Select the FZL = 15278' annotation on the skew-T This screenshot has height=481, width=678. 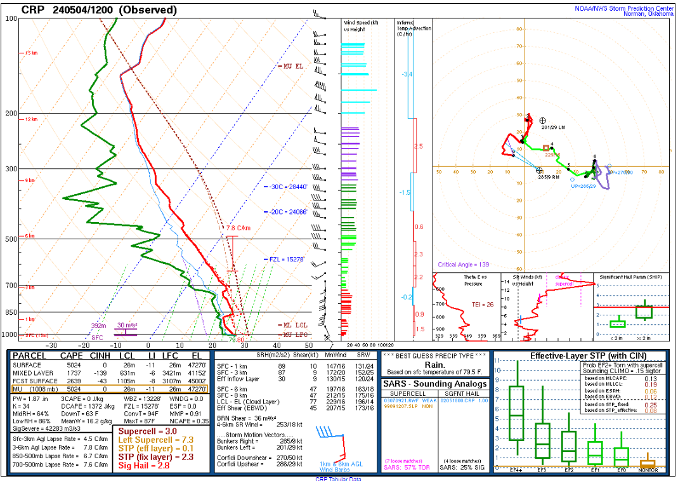(287, 260)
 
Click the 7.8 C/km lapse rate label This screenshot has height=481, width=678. (238, 228)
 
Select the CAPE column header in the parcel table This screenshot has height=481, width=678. (72, 356)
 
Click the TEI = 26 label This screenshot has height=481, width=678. (481, 305)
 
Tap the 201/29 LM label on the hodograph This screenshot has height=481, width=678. (554, 127)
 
